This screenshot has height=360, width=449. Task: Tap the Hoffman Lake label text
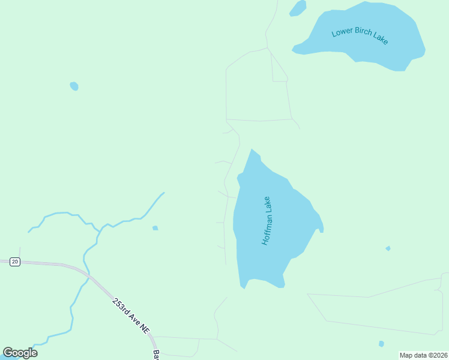click(x=267, y=221)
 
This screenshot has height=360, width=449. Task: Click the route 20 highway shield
click(x=15, y=262)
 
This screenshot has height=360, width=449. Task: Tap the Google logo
click(x=20, y=353)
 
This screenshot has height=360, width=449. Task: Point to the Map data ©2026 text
click(x=423, y=355)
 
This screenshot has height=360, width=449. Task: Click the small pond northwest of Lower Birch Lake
click(x=298, y=8)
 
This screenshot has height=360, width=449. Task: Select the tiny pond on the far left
click(x=74, y=86)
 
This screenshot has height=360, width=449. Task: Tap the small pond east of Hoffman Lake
click(x=388, y=248)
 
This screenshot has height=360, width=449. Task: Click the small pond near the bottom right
click(x=381, y=344)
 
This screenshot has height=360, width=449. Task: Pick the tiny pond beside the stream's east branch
click(x=155, y=228)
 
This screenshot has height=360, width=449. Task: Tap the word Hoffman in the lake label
click(x=265, y=229)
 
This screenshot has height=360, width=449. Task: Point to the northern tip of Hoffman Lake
click(x=252, y=151)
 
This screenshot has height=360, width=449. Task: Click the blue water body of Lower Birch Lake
click(x=384, y=54)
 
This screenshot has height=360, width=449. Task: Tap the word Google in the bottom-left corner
click(x=20, y=353)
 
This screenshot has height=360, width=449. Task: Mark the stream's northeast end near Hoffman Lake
click(x=163, y=193)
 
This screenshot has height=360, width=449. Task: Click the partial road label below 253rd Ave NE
click(x=155, y=355)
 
